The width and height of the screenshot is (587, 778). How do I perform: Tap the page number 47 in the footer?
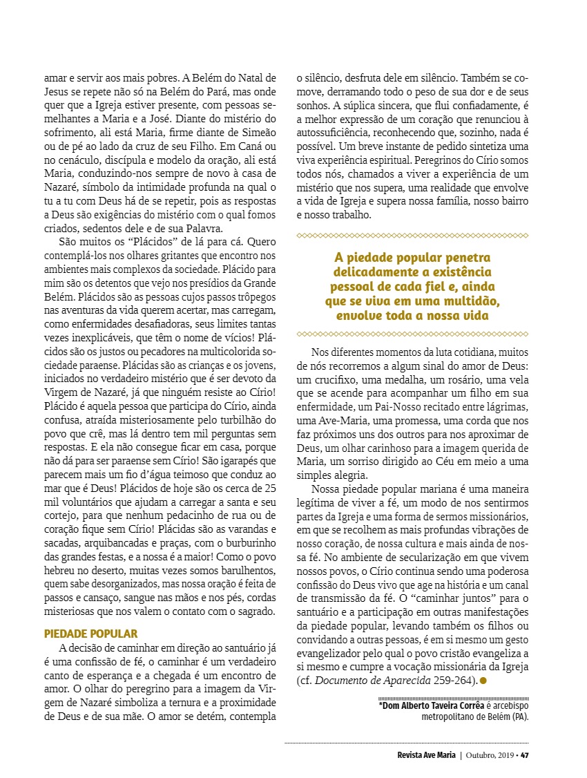525,755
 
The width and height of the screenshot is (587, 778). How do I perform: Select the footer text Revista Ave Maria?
421,755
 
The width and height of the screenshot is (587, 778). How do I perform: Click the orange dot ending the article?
483,681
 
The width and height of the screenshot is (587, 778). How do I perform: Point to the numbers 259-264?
453,681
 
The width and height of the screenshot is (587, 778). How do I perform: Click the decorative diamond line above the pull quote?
412,236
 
